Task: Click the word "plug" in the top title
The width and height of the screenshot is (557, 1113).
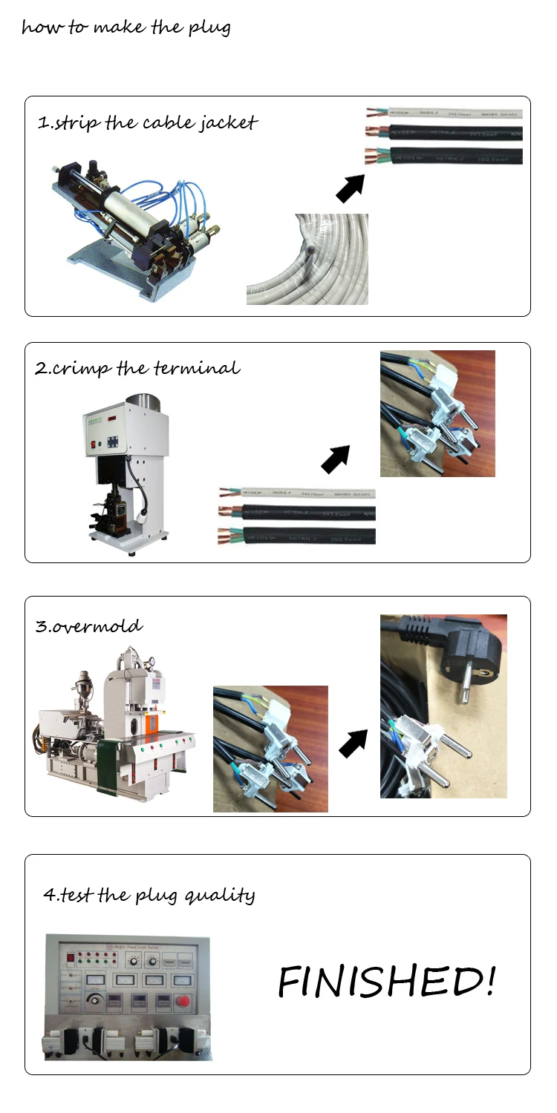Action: coord(212,29)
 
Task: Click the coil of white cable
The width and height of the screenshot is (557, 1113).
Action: coord(307,260)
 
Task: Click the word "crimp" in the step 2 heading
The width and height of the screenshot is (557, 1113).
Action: coord(81,369)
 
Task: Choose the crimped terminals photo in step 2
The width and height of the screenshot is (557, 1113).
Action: coord(437,413)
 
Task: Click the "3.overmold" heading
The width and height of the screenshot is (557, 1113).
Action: coord(89,626)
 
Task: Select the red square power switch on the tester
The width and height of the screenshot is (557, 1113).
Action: coord(71,956)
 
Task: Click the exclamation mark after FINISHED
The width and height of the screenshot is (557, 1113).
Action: coord(488,981)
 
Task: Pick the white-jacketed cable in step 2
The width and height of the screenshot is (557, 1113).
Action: coord(297,493)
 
